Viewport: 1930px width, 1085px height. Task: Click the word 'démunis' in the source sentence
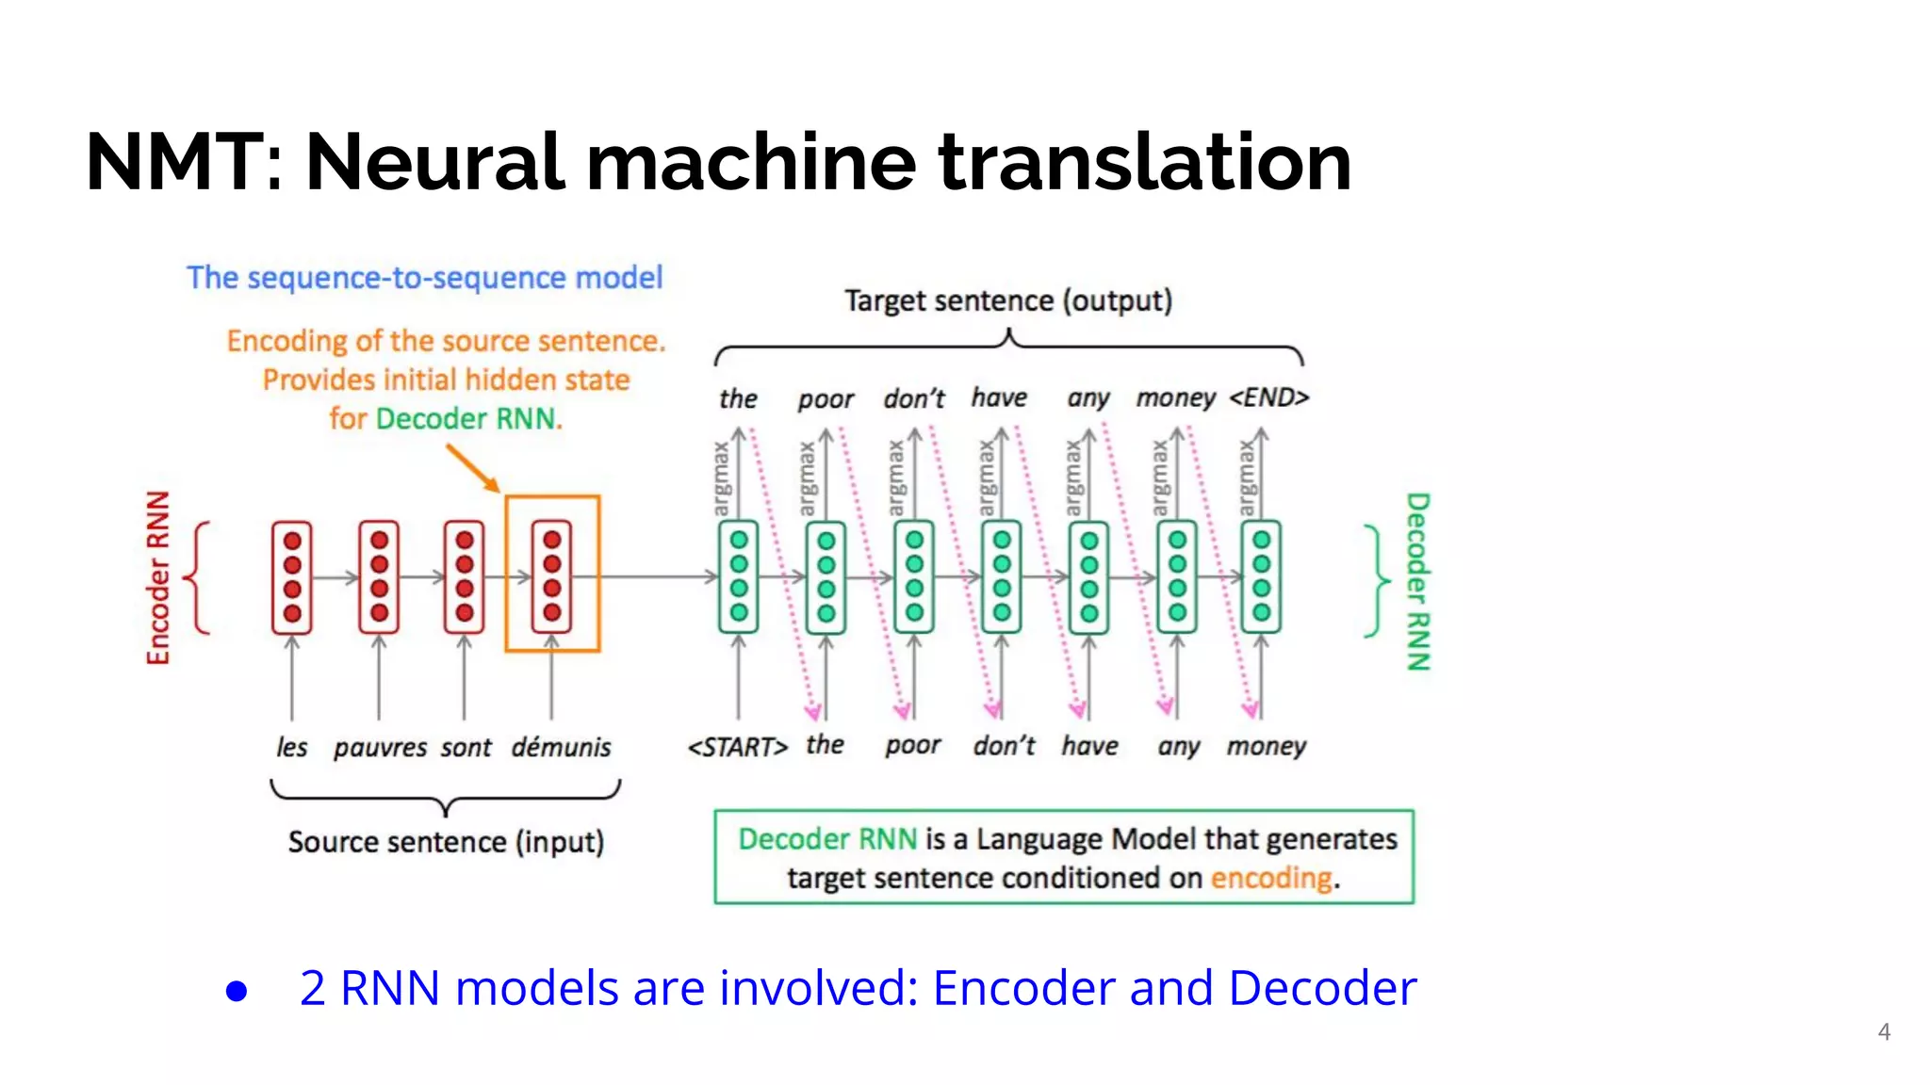561,747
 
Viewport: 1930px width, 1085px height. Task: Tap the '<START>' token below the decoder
737,747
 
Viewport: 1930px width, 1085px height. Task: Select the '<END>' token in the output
1268,397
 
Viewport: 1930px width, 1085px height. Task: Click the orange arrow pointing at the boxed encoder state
472,468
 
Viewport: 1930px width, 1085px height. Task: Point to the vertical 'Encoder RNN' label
158,577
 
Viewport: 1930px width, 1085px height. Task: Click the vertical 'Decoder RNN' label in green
1417,581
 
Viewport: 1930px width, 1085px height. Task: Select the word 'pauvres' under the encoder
380,748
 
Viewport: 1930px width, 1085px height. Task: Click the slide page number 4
1884,1031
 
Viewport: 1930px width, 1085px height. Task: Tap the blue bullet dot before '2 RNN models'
237,991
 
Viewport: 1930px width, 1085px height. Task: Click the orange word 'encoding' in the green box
1270,878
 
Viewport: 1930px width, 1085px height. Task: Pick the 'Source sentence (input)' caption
446,841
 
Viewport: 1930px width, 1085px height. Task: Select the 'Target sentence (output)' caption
1007,300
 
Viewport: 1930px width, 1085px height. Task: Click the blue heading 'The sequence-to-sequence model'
424,278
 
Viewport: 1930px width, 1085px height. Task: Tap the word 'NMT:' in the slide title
184,162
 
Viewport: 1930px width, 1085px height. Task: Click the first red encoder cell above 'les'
292,576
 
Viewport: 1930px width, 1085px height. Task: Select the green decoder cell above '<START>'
739,576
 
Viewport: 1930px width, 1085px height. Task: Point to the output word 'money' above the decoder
1175,397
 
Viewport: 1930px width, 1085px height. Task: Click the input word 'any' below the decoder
1178,747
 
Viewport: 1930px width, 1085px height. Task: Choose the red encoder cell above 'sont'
465,576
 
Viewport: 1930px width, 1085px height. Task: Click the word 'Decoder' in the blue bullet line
1322,988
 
